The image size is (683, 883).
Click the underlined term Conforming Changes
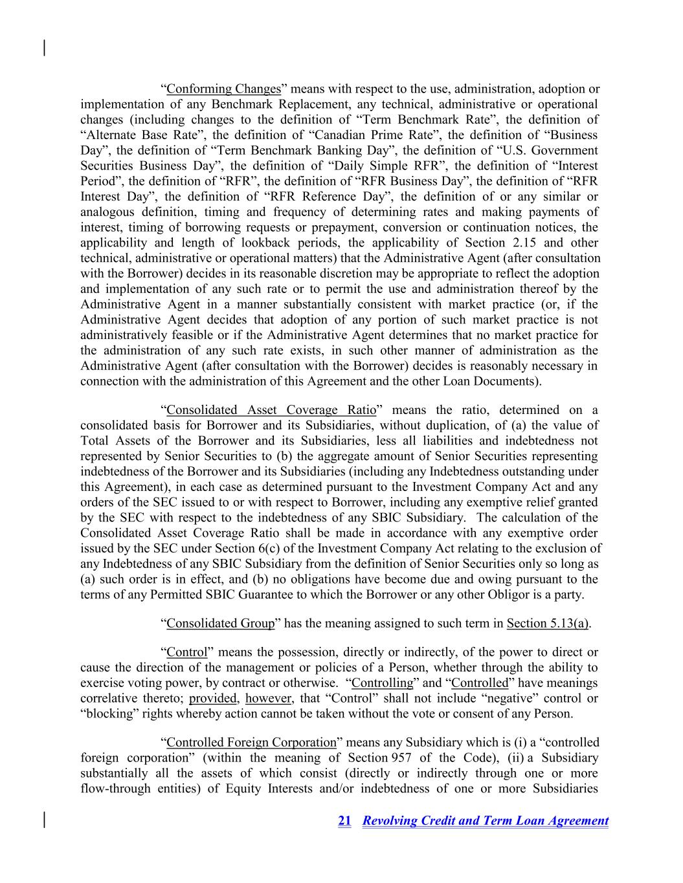223,89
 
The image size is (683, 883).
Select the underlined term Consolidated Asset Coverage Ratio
271,409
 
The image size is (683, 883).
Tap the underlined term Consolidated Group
221,623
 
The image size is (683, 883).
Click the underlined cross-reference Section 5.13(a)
548,623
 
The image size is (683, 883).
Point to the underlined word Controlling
382,682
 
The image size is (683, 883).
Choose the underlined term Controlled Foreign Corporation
252,742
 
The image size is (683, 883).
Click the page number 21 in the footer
344,821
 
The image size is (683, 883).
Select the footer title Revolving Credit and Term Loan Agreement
486,821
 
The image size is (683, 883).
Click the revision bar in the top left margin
44,48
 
